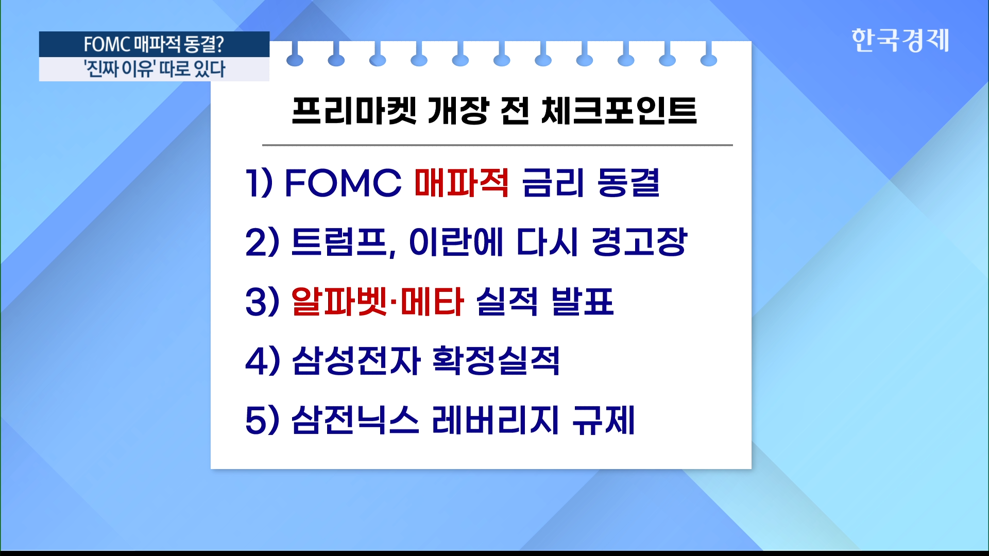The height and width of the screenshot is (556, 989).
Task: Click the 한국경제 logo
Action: [x=900, y=40]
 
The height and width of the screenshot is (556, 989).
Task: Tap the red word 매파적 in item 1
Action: [x=462, y=183]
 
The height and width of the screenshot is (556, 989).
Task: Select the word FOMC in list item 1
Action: [x=343, y=183]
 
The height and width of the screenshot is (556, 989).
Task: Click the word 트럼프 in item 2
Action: [x=339, y=242]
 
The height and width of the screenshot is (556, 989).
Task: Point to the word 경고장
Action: [x=639, y=242]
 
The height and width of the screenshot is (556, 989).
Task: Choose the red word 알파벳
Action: [x=338, y=301]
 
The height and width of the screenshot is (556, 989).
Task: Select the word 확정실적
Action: [x=496, y=360]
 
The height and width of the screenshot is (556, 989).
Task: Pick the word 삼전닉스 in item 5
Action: [x=355, y=420]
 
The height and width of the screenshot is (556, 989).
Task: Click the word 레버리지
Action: [x=495, y=420]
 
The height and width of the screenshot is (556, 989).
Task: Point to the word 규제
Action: [x=604, y=420]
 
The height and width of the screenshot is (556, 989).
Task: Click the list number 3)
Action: [x=263, y=302]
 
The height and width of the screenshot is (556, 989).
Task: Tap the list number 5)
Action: [x=263, y=420]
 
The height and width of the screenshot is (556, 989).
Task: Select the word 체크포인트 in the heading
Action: [x=619, y=111]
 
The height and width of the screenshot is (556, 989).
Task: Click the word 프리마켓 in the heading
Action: [x=354, y=111]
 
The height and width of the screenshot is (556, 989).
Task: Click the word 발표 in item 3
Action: [x=582, y=301]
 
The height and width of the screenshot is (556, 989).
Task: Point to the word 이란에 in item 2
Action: [x=456, y=242]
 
